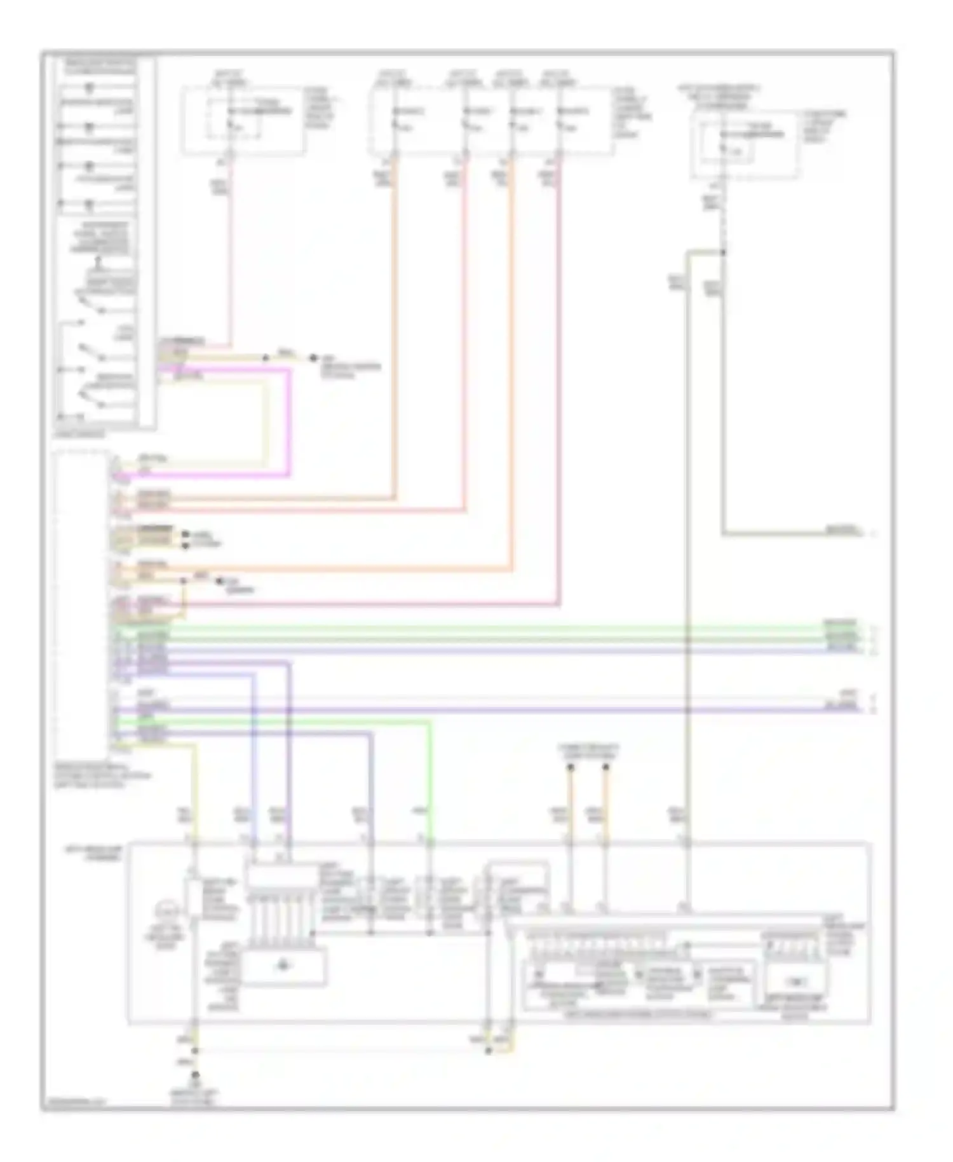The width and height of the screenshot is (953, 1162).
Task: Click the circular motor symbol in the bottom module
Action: point(170,913)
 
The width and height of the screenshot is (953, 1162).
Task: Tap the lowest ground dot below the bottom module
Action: point(195,1074)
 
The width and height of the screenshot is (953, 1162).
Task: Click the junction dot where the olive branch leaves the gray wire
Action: point(723,252)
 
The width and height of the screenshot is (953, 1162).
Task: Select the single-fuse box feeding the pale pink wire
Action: point(243,121)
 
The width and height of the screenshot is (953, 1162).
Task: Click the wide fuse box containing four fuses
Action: point(490,121)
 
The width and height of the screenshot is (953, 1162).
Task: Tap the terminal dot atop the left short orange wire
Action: point(570,768)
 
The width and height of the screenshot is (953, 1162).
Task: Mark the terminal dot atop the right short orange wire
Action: point(605,768)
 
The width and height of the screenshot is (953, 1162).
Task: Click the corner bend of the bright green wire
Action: point(431,722)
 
